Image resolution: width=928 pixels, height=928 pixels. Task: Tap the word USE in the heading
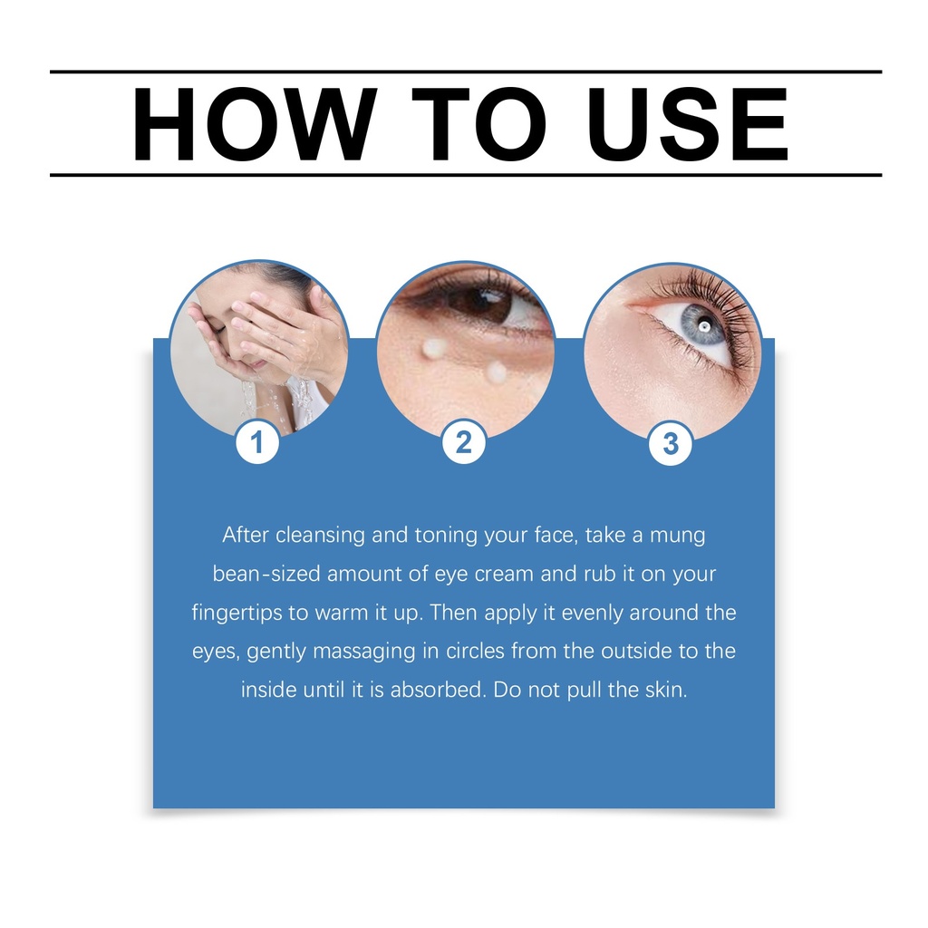[x=687, y=123]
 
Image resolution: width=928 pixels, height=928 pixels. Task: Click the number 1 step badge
[x=256, y=441]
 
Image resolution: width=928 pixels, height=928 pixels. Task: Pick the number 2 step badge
[x=464, y=442]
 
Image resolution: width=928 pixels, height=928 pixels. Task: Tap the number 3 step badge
[x=671, y=443]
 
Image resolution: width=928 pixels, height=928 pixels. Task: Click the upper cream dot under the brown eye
[x=433, y=349]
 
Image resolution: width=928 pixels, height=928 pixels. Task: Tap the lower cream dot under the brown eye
[x=496, y=372]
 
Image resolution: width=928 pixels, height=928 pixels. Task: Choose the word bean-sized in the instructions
[x=266, y=574]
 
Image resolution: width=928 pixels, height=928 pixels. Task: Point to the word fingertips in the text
[x=237, y=613]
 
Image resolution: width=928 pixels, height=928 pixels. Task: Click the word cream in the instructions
[x=504, y=574]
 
